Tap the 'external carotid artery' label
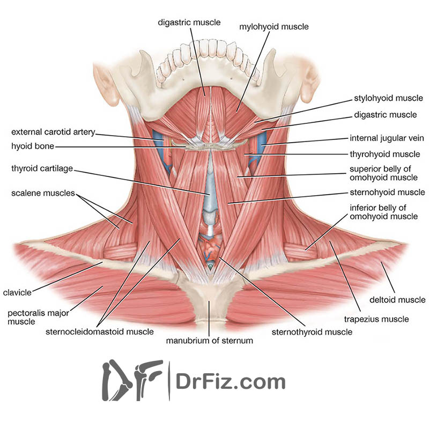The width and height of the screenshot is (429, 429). point(53,131)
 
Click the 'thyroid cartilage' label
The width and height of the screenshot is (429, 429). point(42,169)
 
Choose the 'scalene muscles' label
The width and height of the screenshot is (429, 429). point(43,194)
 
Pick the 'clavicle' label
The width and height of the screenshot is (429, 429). point(17,293)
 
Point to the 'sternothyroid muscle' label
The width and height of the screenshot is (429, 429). point(312,332)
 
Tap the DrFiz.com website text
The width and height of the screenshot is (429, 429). point(231,382)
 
